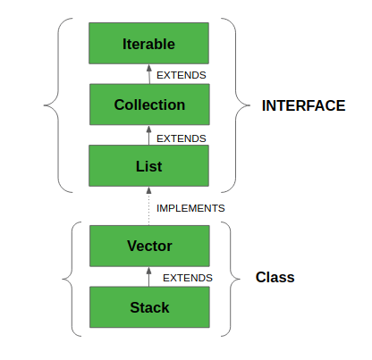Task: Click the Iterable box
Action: pos(149,43)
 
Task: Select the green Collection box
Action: pos(149,105)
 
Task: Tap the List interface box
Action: pos(149,166)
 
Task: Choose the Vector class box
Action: pos(149,246)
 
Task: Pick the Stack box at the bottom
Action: pos(149,307)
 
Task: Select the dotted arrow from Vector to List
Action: pos(149,205)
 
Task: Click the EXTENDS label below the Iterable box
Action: pos(182,75)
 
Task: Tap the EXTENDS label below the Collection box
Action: pos(182,138)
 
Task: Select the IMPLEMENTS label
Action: pos(190,208)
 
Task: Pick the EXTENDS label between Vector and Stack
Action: pos(187,278)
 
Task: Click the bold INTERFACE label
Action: pos(303,105)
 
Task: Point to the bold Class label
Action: pos(275,278)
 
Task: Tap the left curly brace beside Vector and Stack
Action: pos(71,279)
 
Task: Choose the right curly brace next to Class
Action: pos(231,279)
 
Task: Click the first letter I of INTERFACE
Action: pos(264,105)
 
